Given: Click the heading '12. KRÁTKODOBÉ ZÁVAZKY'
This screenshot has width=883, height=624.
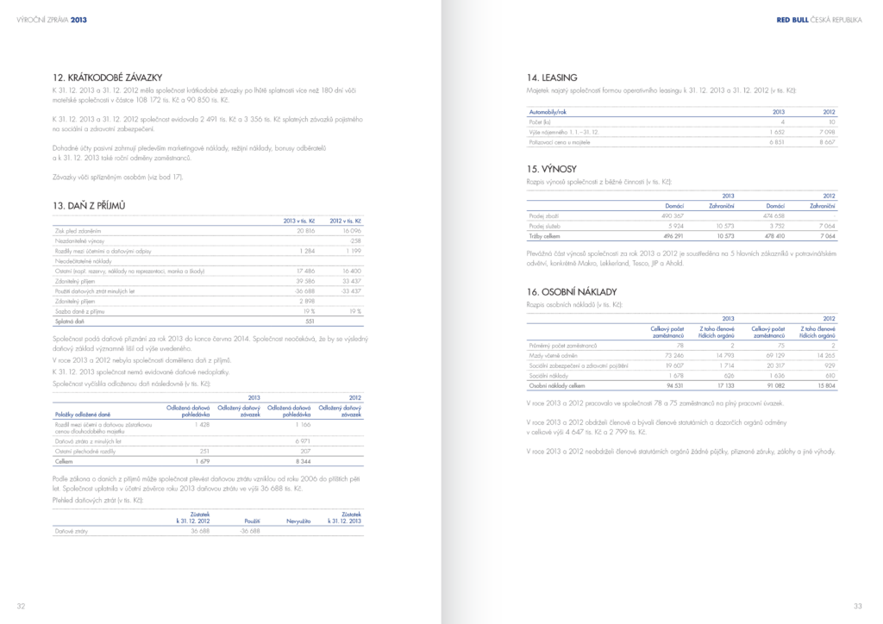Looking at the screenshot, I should [107, 78].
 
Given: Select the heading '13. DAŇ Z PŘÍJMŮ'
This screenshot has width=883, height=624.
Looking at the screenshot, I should [90, 206].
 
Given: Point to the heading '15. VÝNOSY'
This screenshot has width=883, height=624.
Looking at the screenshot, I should [552, 169].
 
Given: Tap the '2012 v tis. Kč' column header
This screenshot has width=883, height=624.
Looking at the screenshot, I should [345, 222].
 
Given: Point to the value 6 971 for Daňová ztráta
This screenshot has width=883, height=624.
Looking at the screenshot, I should [302, 440].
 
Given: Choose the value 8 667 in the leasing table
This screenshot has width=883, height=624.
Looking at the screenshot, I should [826, 141].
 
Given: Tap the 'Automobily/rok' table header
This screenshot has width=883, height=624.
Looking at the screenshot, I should [548, 112].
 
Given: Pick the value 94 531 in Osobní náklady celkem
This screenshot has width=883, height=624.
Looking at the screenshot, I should [673, 386].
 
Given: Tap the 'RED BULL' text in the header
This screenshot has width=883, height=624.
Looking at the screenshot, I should [792, 19].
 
